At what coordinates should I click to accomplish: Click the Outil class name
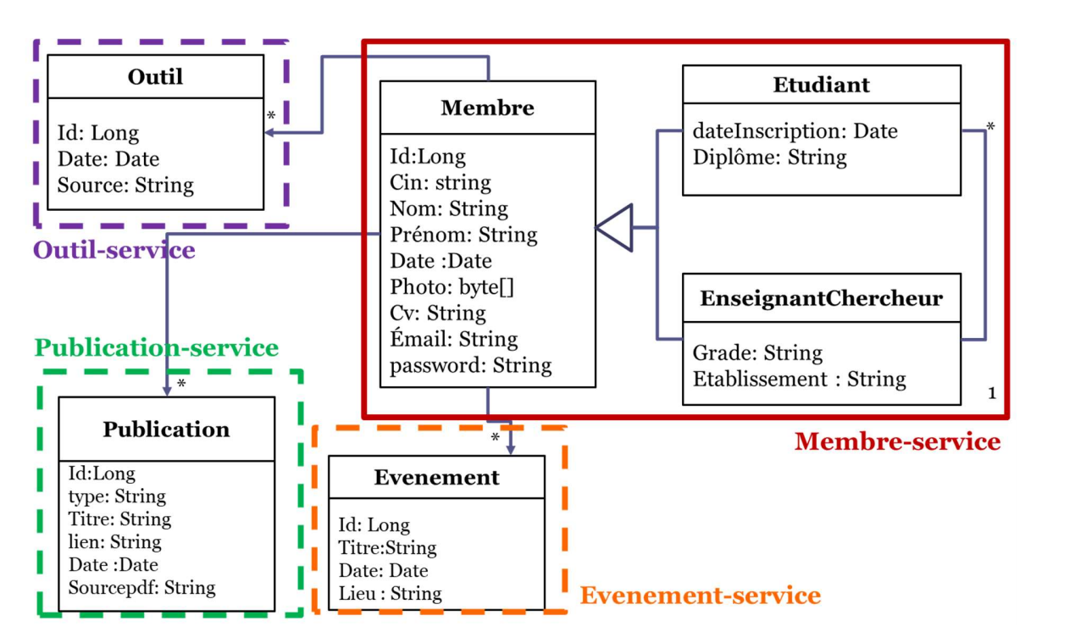point(155,77)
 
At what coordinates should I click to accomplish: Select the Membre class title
point(487,108)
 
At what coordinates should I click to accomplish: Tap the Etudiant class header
point(821,85)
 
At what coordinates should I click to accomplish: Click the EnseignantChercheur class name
point(821,299)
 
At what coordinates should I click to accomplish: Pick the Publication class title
point(166,430)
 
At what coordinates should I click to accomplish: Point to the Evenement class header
point(436,478)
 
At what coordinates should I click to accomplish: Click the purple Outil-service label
point(114,250)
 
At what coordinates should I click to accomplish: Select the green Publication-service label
point(157,348)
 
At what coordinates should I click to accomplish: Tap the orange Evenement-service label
point(700,596)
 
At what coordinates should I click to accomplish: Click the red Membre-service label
point(897,441)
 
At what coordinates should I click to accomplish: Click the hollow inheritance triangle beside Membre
point(616,228)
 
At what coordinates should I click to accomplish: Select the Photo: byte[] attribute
point(452,287)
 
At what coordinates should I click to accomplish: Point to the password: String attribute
point(470,366)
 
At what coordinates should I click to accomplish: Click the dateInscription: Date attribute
point(795,131)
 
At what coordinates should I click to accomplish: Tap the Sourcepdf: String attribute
point(141,587)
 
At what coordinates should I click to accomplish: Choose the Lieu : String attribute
point(390,593)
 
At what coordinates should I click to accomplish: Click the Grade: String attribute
point(757,352)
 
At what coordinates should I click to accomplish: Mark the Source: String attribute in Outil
point(125,186)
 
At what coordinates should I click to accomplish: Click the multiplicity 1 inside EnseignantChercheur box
point(992,393)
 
